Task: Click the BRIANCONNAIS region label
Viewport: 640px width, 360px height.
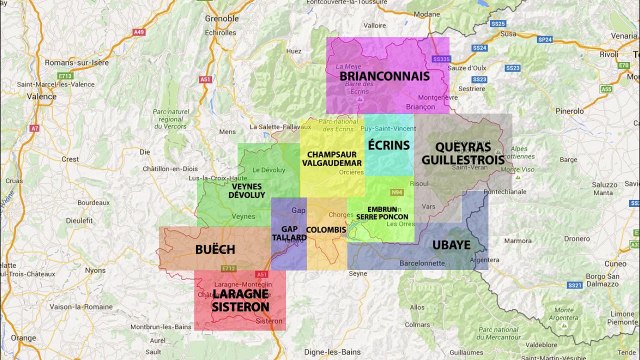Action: pos(384,76)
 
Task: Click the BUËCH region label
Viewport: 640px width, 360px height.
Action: pos(216,248)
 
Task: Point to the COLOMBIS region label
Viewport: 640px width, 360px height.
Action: pos(326,230)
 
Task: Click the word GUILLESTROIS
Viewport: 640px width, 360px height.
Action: pos(462,159)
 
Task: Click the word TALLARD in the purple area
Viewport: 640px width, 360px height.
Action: pos(288,239)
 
